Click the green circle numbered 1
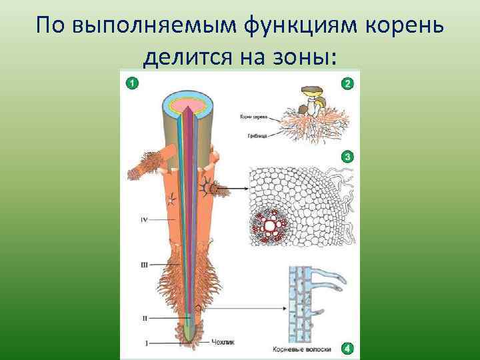(132, 83)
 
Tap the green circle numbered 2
(347, 83)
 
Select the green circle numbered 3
(347, 157)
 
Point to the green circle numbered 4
(347, 348)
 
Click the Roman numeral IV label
(143, 219)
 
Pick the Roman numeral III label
(144, 265)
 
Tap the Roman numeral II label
(145, 319)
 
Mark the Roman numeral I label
(147, 343)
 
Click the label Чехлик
(223, 343)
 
